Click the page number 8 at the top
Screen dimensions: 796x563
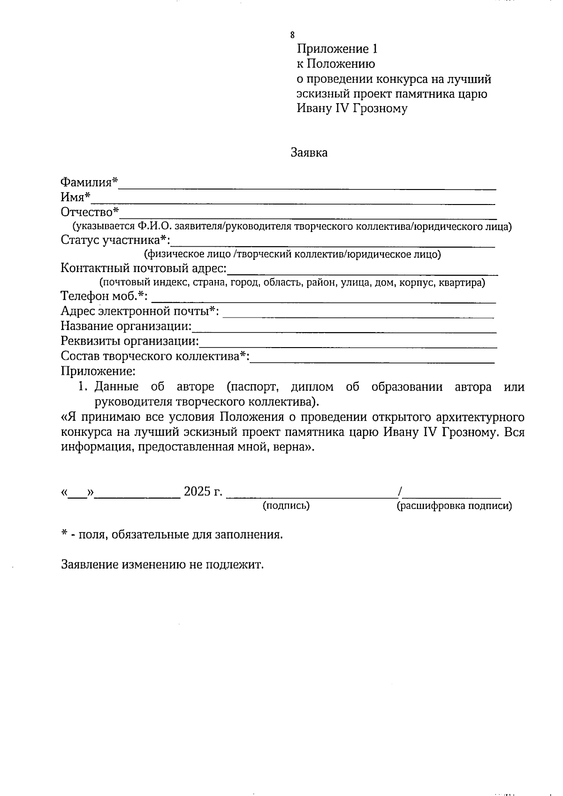pos(293,35)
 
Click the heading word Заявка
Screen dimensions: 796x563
pos(309,153)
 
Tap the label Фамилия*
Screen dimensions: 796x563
pos(89,182)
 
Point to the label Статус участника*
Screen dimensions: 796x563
pos(115,241)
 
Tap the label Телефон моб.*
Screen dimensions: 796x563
pos(104,296)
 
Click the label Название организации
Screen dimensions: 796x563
pos(127,326)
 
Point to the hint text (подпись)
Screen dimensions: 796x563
pos(286,506)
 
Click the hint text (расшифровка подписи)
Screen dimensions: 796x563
pos(454,506)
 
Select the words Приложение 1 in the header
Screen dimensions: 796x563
pos(337,49)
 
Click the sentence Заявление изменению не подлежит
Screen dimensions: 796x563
pos(162,564)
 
